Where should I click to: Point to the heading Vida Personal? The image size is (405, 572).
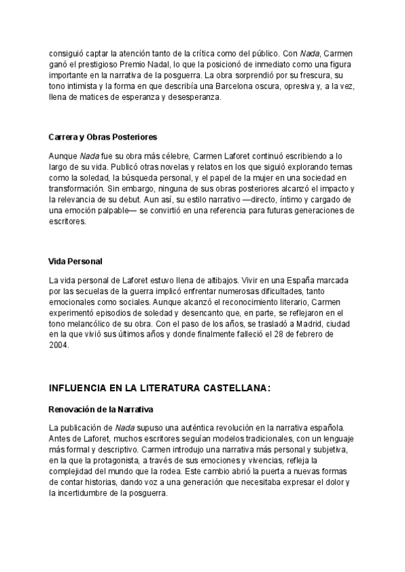click(76, 261)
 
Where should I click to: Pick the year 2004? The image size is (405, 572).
click(59, 345)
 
